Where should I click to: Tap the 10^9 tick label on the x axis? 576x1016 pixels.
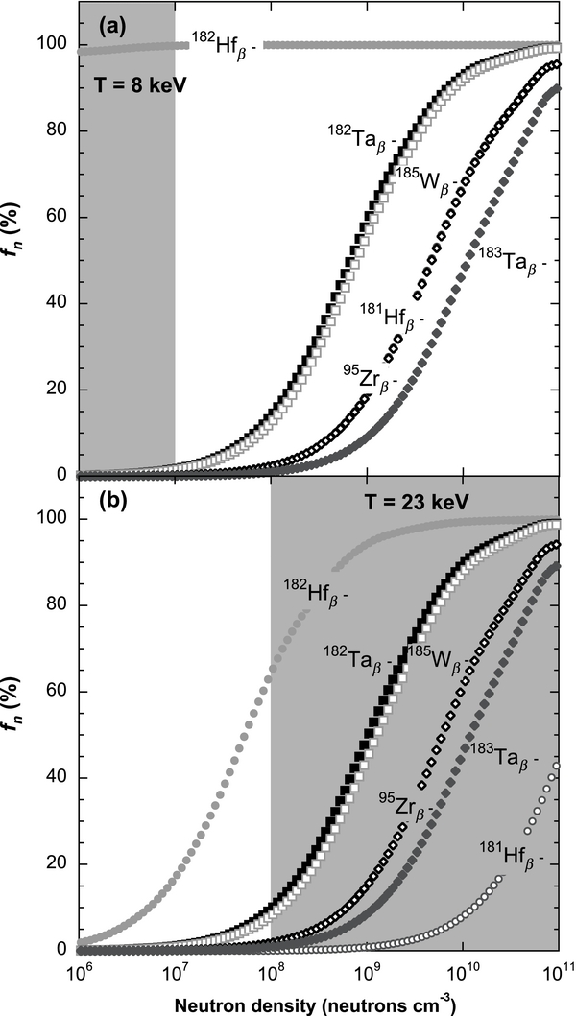(x=367, y=972)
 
